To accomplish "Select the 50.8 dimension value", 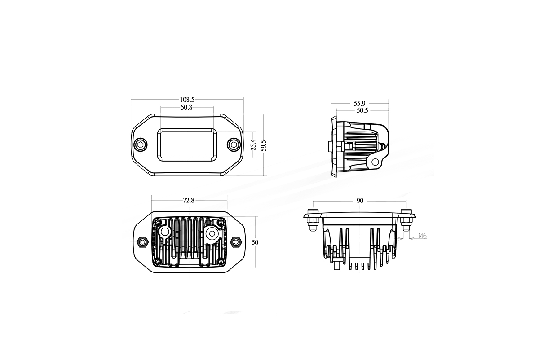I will click(x=187, y=108).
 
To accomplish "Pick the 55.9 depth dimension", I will click(x=359, y=103).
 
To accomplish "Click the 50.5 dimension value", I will click(x=362, y=110).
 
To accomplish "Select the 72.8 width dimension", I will click(x=189, y=201).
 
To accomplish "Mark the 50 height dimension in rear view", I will click(x=255, y=242).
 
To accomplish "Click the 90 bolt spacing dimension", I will click(x=360, y=201).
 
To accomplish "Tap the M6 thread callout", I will click(x=422, y=236).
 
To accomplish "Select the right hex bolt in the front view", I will click(x=233, y=144).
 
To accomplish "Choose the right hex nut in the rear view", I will click(x=235, y=242).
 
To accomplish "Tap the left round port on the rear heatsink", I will click(x=165, y=232).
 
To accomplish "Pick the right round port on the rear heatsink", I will click(x=212, y=233).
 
